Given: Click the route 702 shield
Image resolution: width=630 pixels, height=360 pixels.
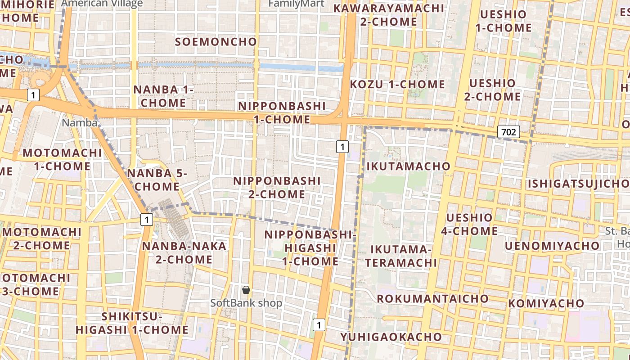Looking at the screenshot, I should pos(508,132).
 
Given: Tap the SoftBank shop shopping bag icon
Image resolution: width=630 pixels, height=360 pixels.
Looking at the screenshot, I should pos(246,290).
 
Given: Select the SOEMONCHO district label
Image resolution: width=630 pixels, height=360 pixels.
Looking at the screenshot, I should pos(216,42).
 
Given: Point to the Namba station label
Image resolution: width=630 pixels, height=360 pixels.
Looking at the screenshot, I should pos(80,122).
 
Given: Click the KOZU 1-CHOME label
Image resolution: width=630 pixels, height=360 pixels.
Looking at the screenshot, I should pos(397,84).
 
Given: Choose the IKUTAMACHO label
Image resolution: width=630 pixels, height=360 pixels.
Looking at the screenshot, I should pos(408,166).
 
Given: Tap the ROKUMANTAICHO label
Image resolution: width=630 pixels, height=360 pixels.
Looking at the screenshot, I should pos(432,298).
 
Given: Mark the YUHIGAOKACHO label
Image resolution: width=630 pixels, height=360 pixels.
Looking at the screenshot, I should pos(391,337).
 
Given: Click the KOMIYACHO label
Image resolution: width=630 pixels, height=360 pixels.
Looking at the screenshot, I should pos(546,303).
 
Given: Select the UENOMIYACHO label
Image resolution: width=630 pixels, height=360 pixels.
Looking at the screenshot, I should pos(552,246).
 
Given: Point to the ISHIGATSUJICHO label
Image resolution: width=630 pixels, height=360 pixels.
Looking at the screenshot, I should pos(578,184).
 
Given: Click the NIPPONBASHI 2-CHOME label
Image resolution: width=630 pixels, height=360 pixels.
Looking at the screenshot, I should pos(277,187).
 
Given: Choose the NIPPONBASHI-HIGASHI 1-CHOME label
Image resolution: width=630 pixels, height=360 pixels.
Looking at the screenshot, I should pos(310,248).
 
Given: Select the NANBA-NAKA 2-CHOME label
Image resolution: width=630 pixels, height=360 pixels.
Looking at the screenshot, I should pos(184,252).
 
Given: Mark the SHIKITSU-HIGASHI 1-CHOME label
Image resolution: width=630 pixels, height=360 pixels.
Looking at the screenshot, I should pos(132,323).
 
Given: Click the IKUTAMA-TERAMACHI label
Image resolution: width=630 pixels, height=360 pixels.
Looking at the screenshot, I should pos(401,256).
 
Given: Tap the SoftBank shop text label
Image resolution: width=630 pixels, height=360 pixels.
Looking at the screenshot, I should pos(247,303).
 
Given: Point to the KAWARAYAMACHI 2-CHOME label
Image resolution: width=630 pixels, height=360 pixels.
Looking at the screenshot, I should pos(389,15).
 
